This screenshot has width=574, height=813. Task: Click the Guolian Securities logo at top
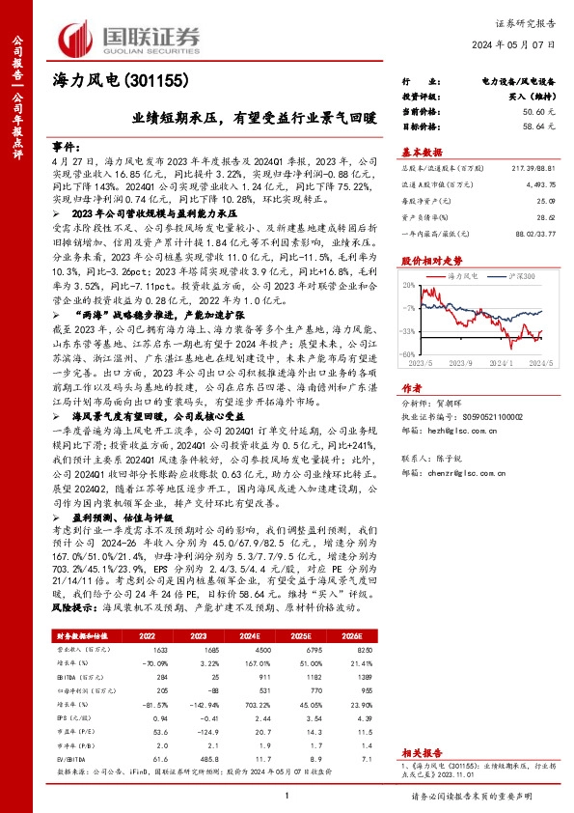point(130,36)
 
